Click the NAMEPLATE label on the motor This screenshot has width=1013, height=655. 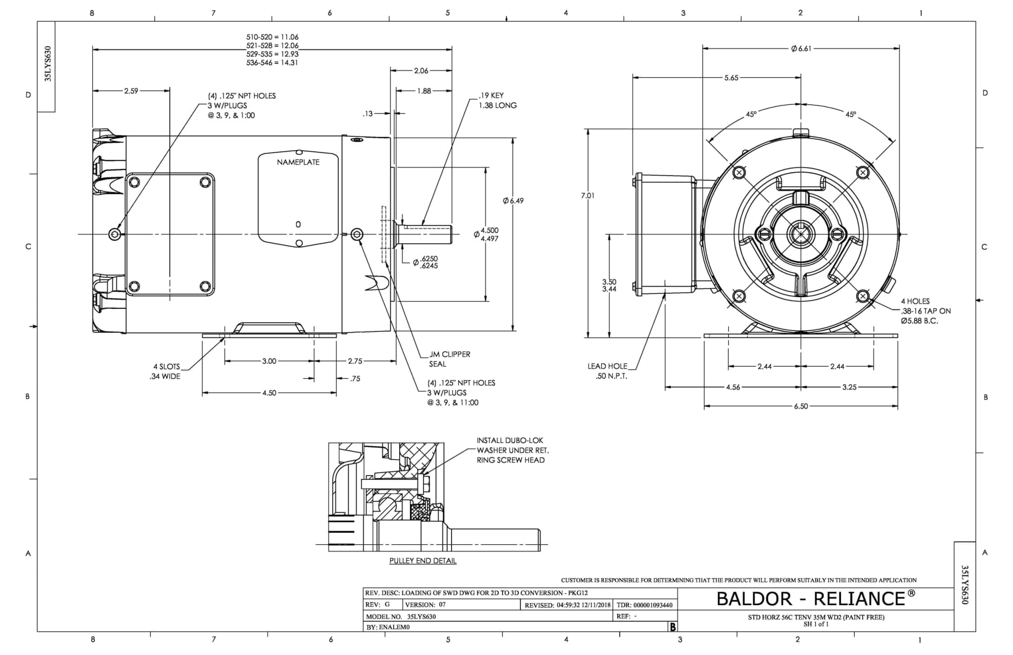pyautogui.click(x=298, y=162)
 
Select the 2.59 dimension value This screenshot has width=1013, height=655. pyautogui.click(x=131, y=91)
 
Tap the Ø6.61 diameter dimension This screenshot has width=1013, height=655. pyautogui.click(x=801, y=48)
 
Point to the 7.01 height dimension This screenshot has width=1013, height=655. pyautogui.click(x=588, y=196)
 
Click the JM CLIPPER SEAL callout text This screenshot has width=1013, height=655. pyautogui.click(x=442, y=359)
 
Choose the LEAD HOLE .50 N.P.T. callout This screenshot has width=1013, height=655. pyautogui.click(x=607, y=371)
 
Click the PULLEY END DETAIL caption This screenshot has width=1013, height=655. pyautogui.click(x=422, y=561)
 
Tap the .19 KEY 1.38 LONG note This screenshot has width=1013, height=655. pyautogui.click(x=497, y=100)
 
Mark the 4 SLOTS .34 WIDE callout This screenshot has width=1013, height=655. pyautogui.click(x=166, y=371)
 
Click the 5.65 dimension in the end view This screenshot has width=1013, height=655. pyautogui.click(x=731, y=78)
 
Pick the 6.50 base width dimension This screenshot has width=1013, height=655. pyautogui.click(x=801, y=406)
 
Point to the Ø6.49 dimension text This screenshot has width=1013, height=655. pyautogui.click(x=513, y=201)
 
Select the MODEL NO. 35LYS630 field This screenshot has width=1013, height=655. pyautogui.click(x=401, y=616)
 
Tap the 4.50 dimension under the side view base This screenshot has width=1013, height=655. pyautogui.click(x=269, y=393)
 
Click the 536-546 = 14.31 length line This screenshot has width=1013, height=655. pyautogui.click(x=272, y=63)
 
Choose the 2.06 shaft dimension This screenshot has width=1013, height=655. pyautogui.click(x=421, y=71)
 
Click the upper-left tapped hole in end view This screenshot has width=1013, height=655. pyautogui.click(x=739, y=173)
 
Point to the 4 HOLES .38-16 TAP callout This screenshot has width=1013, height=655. pyautogui.click(x=925, y=311)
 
